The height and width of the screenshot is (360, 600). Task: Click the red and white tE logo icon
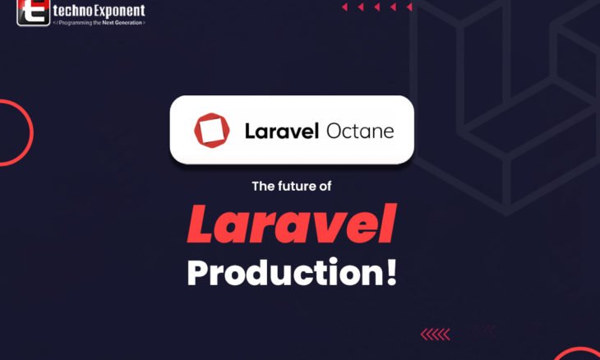[33, 13]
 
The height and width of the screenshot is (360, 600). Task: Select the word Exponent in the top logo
[117, 12]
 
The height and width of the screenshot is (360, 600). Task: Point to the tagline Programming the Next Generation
[99, 23]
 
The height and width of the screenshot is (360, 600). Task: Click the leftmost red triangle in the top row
[344, 7]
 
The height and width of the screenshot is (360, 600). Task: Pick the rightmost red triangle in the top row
[408, 7]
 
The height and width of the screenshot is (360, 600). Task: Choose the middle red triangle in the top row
[376, 7]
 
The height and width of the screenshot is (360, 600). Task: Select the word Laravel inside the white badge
[282, 131]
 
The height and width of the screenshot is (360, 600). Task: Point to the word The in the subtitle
[262, 187]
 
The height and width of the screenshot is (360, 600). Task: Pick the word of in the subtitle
[325, 187]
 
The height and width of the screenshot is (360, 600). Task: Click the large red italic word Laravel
[292, 224]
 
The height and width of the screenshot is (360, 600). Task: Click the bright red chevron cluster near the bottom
[435, 334]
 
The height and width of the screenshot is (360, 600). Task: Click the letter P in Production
[198, 273]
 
